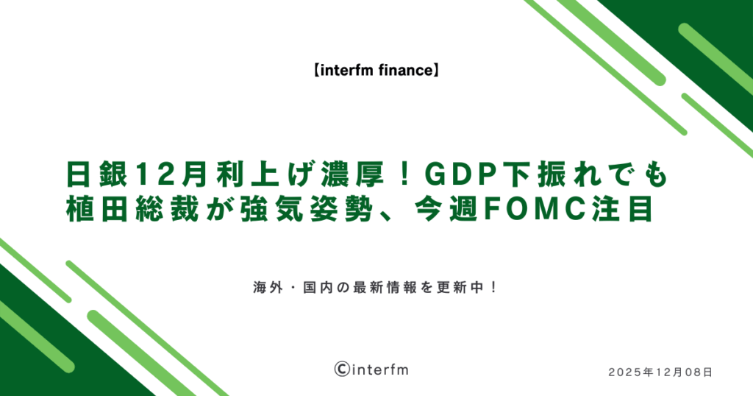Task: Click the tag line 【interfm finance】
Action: pos(376,71)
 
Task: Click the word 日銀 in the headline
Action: pos(97,175)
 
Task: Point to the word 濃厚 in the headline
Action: pos(352,175)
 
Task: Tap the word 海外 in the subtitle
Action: pos(268,288)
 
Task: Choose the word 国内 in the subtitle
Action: pos(318,288)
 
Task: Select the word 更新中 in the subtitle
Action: pos(462,288)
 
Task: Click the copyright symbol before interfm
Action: pos(341,369)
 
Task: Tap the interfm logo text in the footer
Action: pos(379,370)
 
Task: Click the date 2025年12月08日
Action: pos(660,372)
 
